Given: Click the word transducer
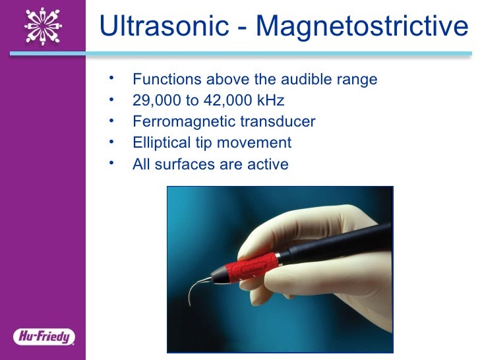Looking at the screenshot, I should click(276, 122).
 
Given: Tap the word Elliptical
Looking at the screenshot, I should click(160, 143).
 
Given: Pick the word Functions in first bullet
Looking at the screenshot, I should click(167, 80).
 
